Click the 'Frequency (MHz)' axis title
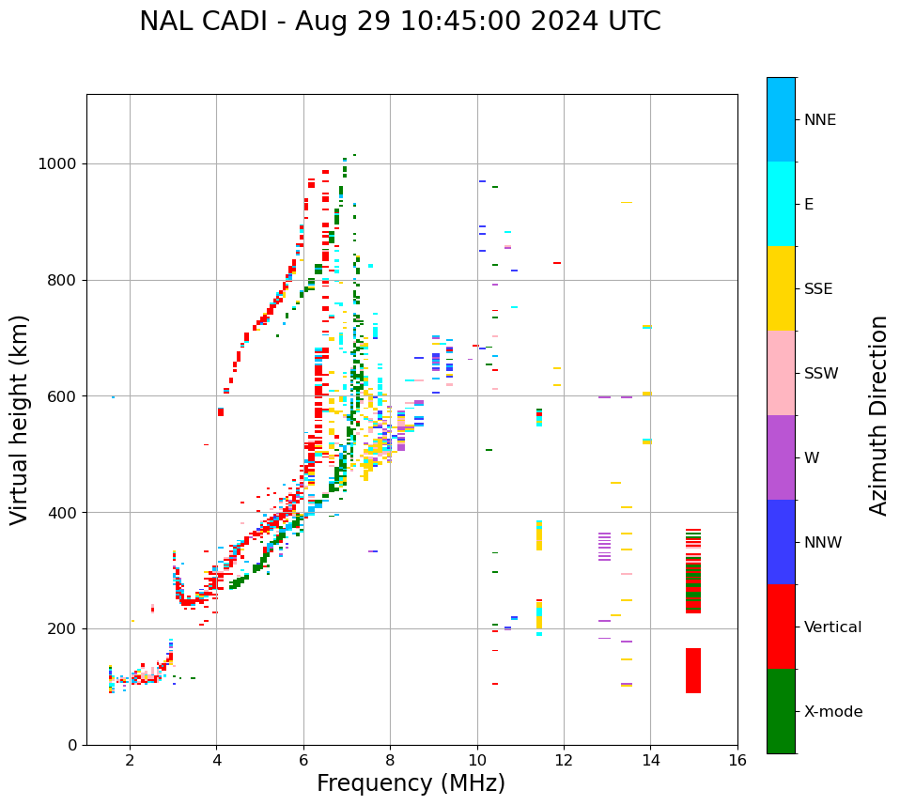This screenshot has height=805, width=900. coord(411,783)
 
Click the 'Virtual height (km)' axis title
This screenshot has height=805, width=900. coord(20,420)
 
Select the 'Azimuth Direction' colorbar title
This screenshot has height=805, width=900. coord(878,415)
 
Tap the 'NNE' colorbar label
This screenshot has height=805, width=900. coord(819,120)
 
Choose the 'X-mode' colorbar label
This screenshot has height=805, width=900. coord(832,712)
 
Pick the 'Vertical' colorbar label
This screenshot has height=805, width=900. coord(832,627)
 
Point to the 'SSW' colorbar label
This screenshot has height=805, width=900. coord(821,374)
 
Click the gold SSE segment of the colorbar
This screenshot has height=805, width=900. coord(781,288)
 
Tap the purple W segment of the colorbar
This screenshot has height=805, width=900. coord(781,457)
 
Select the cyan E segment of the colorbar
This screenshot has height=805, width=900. coord(781,204)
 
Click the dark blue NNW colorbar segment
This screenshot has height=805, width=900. coord(781,542)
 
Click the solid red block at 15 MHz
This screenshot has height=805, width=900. coord(692,671)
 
